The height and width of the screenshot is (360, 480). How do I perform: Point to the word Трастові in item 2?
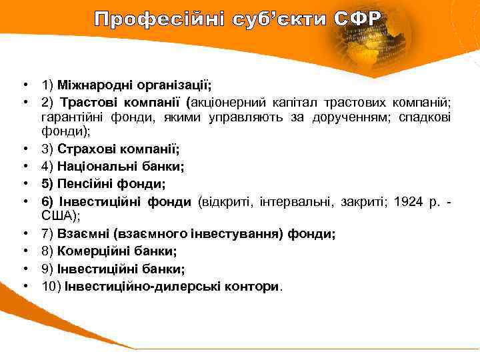point(86,103)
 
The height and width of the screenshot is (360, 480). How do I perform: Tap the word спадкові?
point(425,117)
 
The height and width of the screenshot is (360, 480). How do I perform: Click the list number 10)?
point(51,286)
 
